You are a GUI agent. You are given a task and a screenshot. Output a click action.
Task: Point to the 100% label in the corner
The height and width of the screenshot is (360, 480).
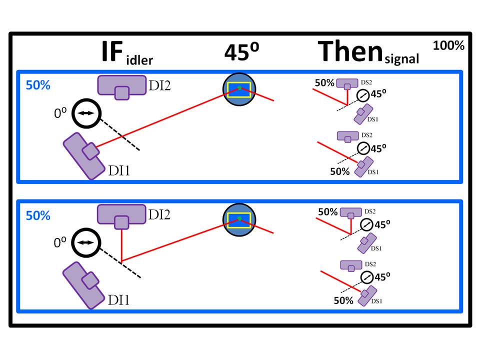(x=448, y=45)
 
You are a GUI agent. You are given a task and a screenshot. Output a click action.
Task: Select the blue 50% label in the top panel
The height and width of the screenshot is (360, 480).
(x=38, y=85)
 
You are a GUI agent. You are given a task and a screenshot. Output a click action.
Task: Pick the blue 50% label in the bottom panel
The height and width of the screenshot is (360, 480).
(x=38, y=215)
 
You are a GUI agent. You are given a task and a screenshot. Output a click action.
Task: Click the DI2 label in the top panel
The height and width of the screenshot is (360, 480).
(x=159, y=85)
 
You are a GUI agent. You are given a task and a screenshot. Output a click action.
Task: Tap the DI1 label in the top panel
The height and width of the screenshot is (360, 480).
(x=120, y=171)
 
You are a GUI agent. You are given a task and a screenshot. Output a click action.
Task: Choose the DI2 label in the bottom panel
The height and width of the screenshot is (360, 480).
(x=159, y=215)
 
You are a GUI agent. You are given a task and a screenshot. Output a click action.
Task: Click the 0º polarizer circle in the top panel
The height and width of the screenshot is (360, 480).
(x=86, y=113)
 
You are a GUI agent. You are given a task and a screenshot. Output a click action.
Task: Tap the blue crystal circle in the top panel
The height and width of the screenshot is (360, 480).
(x=239, y=88)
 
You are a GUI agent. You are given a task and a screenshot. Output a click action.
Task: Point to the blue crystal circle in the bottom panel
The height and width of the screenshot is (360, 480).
(x=239, y=219)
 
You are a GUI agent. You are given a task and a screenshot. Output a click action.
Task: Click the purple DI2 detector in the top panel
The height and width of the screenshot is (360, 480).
(x=119, y=86)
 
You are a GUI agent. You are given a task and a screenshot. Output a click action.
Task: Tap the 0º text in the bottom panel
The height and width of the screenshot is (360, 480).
(x=60, y=243)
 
